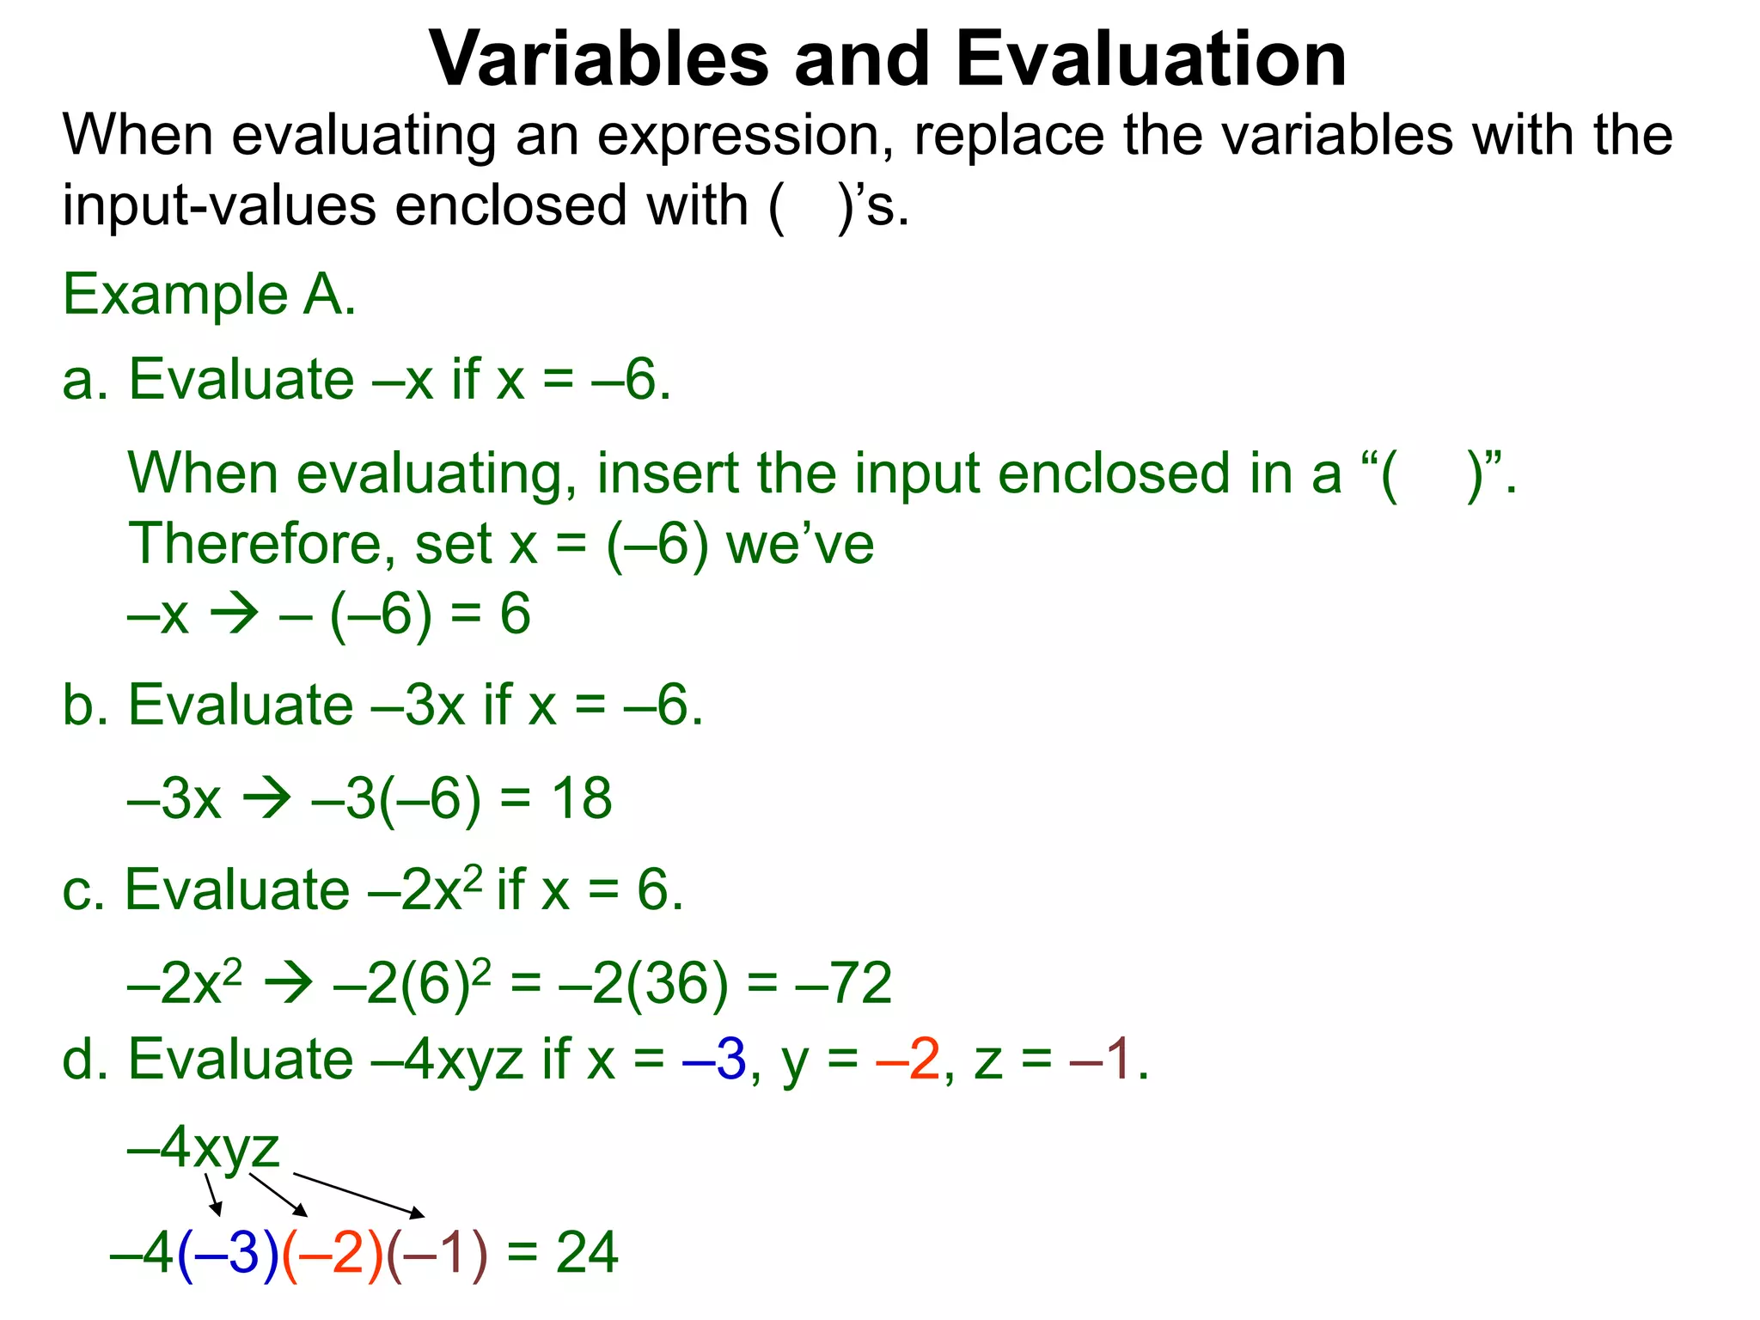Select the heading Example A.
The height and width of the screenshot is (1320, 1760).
click(209, 295)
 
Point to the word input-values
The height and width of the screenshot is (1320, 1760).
click(219, 206)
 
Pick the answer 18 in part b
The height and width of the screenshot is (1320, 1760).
click(582, 798)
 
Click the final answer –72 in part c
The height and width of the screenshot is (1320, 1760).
click(844, 983)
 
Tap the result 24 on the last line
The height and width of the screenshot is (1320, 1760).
click(587, 1252)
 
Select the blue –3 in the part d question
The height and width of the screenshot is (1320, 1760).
click(714, 1060)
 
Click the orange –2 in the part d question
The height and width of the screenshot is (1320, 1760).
click(908, 1060)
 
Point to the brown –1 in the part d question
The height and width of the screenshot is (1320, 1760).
click(1102, 1060)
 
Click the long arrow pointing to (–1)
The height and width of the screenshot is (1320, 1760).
click(359, 1195)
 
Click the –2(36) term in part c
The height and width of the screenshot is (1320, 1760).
click(643, 983)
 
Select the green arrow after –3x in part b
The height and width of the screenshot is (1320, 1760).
click(266, 799)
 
